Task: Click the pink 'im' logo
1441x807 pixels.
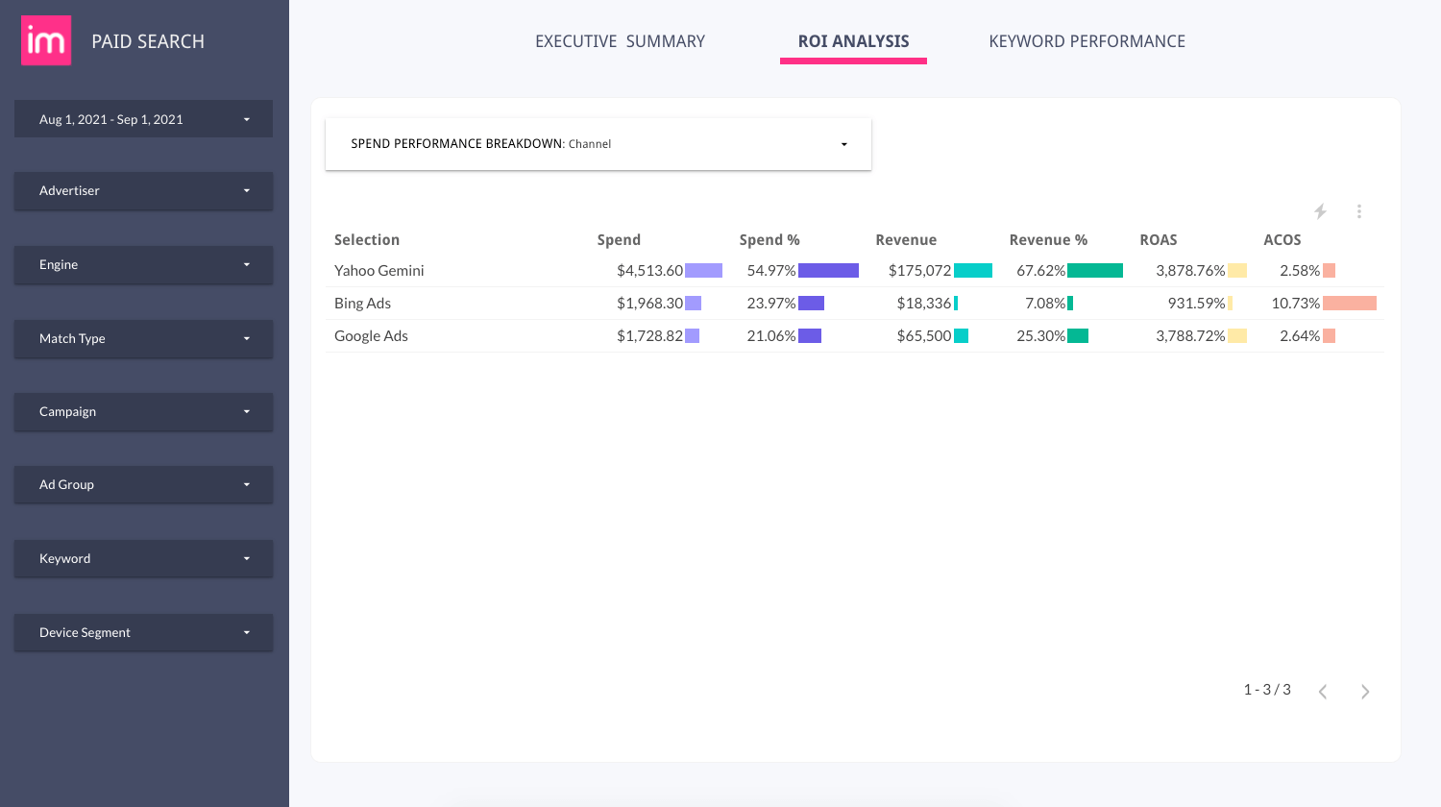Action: click(46, 40)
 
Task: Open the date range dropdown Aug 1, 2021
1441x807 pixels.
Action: click(143, 119)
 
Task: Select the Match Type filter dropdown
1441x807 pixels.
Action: click(143, 338)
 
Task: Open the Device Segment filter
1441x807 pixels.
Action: click(143, 632)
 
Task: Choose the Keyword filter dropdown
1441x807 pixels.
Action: click(143, 558)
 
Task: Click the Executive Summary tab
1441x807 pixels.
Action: click(620, 41)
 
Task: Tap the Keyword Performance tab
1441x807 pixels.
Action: click(1087, 41)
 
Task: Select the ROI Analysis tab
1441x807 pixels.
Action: click(853, 41)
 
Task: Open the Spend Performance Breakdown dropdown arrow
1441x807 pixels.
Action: click(844, 144)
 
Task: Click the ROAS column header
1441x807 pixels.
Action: click(1158, 240)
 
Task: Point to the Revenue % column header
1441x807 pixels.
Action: click(1048, 240)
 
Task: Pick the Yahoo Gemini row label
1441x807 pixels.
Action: click(379, 271)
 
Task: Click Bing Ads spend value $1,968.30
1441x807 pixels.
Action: click(649, 304)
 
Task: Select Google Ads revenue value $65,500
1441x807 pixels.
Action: click(923, 336)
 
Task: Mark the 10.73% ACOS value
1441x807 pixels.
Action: click(1295, 304)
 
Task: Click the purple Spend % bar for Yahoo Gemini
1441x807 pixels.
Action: click(828, 271)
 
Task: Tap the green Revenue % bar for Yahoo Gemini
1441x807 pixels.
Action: click(1095, 271)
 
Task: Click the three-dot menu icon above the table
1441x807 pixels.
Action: click(1359, 211)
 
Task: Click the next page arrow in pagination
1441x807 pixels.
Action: click(1365, 692)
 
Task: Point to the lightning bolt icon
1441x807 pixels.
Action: click(1321, 211)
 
